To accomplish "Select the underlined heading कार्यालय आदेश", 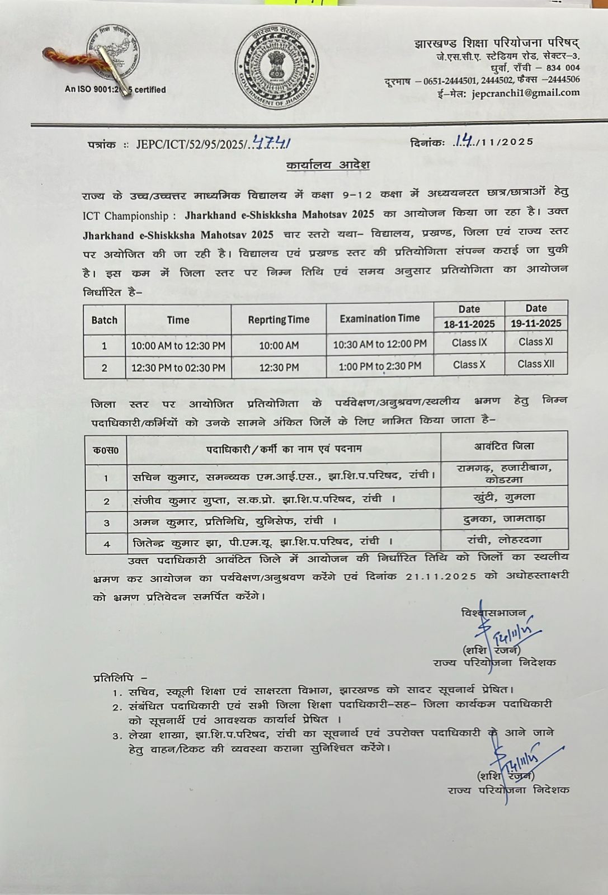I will click(x=327, y=166).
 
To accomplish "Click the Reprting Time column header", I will click(x=279, y=320).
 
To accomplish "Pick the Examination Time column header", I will click(x=379, y=318).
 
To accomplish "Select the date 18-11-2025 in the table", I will click(x=469, y=324).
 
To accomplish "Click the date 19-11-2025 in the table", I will click(x=536, y=323).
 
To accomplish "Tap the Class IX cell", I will click(x=469, y=343).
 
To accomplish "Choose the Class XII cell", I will click(x=536, y=364).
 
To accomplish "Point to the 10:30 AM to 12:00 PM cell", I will click(x=380, y=344).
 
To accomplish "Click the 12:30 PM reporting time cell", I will click(x=279, y=368).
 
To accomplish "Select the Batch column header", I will click(x=105, y=321).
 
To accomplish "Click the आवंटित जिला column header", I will click(x=504, y=446).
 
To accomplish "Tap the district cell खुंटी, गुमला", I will click(x=503, y=497).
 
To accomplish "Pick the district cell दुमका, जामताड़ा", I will click(x=504, y=519).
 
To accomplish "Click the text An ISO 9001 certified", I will click(x=115, y=89).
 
